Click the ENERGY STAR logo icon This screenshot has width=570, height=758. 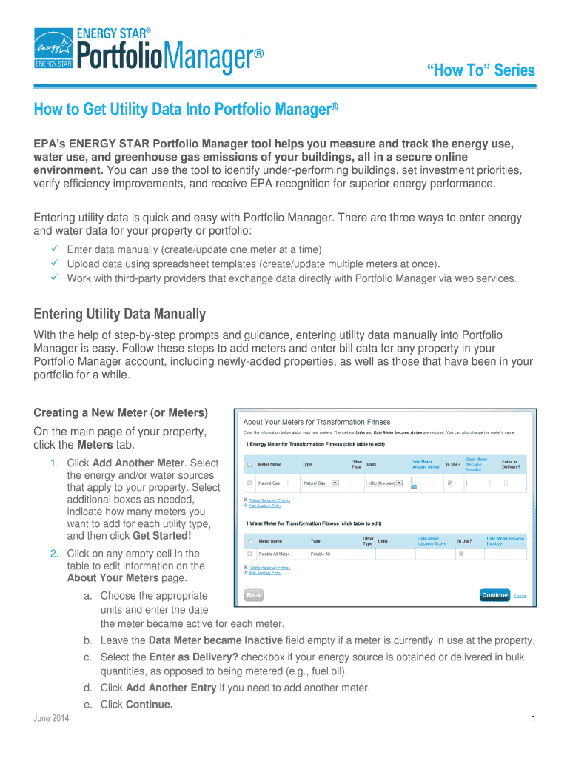coord(54,45)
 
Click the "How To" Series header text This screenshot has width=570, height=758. coord(480,70)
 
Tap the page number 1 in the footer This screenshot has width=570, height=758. coord(532,719)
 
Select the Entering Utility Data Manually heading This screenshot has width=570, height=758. coord(120,314)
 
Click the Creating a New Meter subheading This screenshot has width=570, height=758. coord(121,412)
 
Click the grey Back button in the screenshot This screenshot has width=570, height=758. coord(254,595)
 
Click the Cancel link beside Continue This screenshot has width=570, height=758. coord(520,595)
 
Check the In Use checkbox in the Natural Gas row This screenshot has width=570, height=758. coord(450,483)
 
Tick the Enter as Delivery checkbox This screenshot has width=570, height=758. coord(506,483)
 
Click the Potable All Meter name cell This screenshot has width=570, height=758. coord(274,553)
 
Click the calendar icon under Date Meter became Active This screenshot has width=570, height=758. coord(414,487)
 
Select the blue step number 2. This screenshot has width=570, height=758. coord(55,554)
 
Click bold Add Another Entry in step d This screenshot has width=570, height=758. coord(171,688)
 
